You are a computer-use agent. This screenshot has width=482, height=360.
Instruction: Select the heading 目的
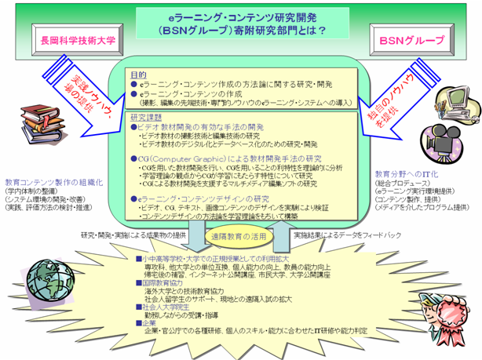tap(138, 71)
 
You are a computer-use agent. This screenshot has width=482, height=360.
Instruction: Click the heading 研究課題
tap(146, 115)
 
